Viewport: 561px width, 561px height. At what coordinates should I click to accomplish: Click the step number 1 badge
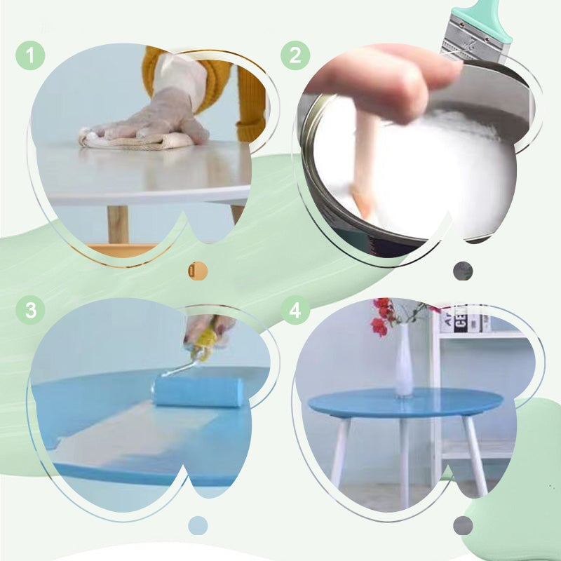(29, 55)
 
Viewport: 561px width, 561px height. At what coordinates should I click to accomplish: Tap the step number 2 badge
(295, 55)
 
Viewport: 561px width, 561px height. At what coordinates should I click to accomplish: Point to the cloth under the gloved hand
(133, 140)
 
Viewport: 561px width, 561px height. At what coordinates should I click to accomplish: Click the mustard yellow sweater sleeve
(249, 98)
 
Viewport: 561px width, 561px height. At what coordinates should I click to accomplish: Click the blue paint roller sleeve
(199, 391)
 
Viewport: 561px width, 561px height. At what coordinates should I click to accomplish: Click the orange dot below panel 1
(197, 271)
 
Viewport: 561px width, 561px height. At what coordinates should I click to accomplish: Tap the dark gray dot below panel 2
(463, 271)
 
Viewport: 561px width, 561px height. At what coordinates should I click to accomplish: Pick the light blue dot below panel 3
(198, 525)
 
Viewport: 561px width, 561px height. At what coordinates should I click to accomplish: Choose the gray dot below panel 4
(463, 525)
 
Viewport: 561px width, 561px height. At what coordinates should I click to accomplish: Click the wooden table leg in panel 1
(118, 224)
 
